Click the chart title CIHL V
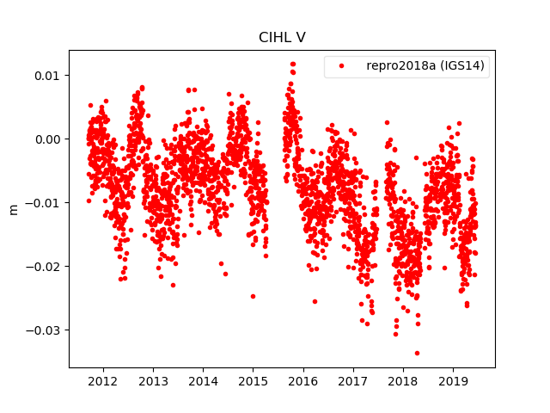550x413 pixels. [x=282, y=38]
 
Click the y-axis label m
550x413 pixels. [x=13, y=209]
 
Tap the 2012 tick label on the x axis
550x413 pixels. [x=103, y=381]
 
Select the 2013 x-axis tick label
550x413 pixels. [x=153, y=381]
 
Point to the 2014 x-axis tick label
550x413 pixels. [x=203, y=381]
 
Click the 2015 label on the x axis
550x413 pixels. [x=253, y=381]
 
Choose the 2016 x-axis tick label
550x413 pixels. [x=303, y=381]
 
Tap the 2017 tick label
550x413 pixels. [x=353, y=381]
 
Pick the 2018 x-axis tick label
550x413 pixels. [x=403, y=381]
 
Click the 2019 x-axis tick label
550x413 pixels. [x=453, y=381]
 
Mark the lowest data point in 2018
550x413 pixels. [x=418, y=353]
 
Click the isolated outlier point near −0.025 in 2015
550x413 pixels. [x=253, y=296]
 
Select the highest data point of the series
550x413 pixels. [x=293, y=64]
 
